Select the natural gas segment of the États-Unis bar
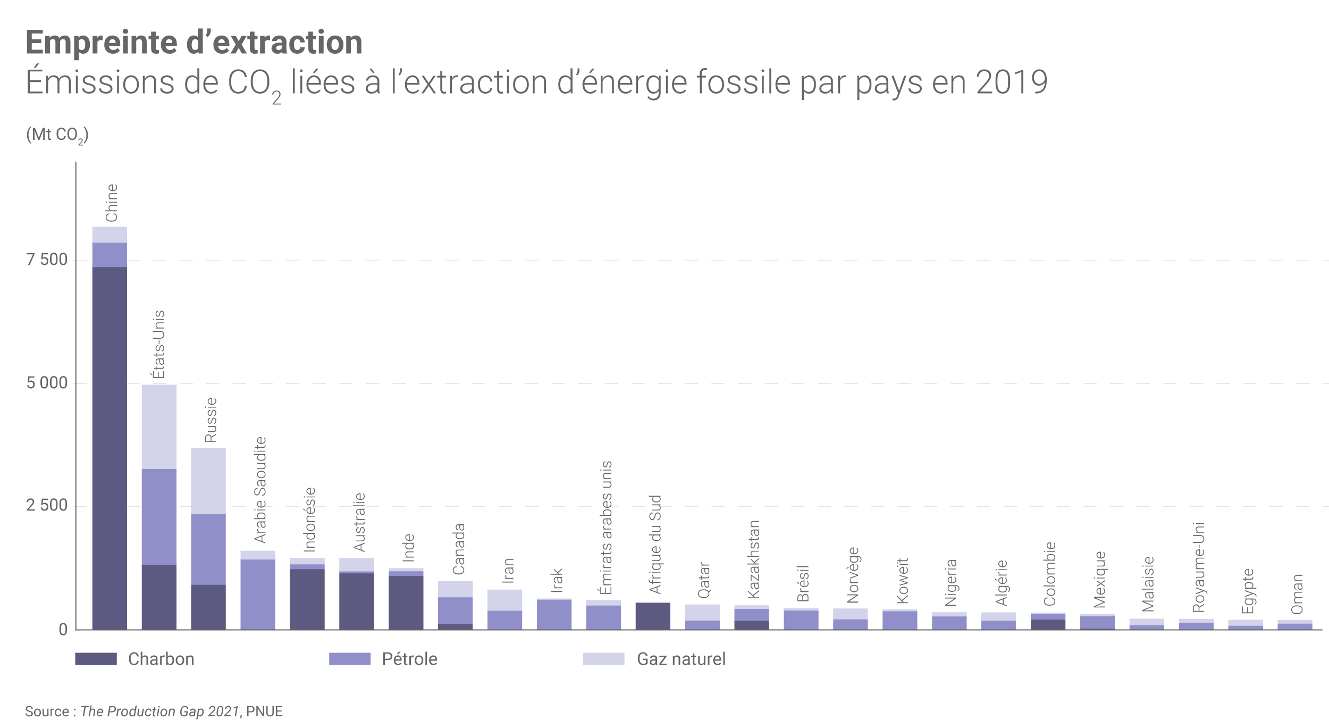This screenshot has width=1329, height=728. point(159,426)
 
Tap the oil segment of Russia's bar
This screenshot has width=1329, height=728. point(208,549)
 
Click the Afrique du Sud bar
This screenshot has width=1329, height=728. point(653,616)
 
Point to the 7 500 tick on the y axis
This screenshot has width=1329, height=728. point(47,260)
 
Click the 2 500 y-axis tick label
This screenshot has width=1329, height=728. point(47,505)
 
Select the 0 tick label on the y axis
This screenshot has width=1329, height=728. point(63,630)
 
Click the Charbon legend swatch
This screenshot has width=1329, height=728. point(96,659)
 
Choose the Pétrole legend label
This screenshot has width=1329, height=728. point(409,659)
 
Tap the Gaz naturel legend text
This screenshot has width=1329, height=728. point(681,659)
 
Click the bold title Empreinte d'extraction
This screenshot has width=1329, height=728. point(194,43)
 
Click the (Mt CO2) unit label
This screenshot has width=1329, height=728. point(57,135)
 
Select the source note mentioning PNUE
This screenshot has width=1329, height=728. point(154,712)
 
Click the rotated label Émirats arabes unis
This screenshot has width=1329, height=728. point(605,528)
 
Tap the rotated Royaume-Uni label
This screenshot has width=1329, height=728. point(1198,567)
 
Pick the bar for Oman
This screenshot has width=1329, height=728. point(1295,625)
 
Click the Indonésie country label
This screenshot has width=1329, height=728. point(309,520)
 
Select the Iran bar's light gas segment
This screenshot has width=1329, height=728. point(504,600)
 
